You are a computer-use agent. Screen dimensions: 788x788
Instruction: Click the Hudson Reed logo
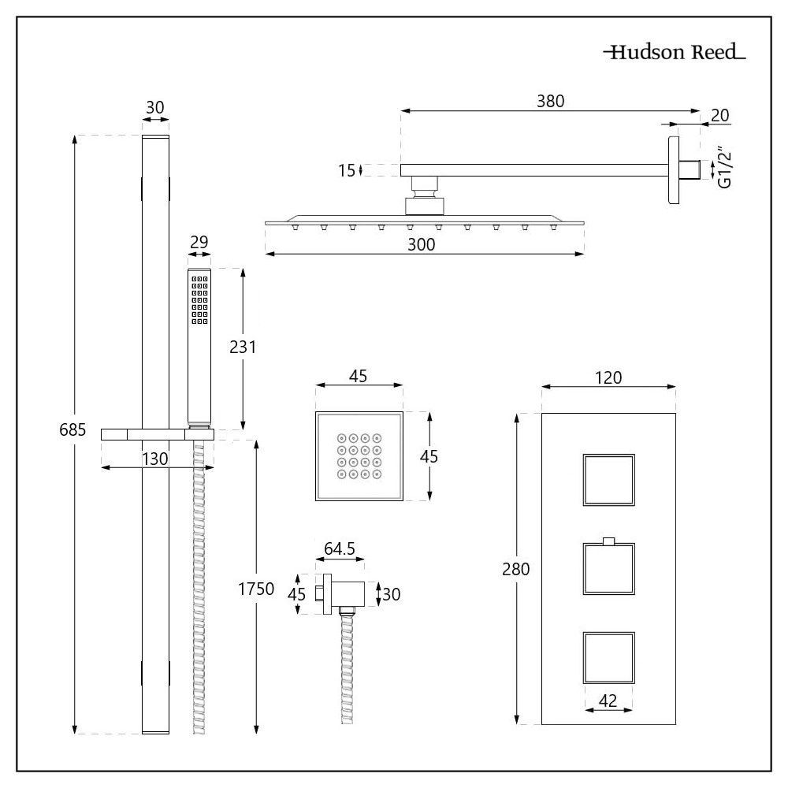pyautogui.click(x=675, y=54)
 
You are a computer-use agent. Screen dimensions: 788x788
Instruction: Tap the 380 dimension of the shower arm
pyautogui.click(x=551, y=101)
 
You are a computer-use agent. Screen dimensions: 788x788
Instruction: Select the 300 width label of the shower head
pyautogui.click(x=422, y=244)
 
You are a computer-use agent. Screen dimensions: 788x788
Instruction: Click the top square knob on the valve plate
pyautogui.click(x=608, y=480)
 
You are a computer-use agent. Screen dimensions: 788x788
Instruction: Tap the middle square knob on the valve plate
pyautogui.click(x=608, y=569)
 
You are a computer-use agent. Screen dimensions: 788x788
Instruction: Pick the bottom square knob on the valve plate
pyautogui.click(x=608, y=657)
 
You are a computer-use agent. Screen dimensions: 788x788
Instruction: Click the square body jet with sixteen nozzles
pyautogui.click(x=359, y=455)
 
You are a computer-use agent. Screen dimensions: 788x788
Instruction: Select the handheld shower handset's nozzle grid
pyautogui.click(x=198, y=299)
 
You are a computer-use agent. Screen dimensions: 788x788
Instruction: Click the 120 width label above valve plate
pyautogui.click(x=608, y=377)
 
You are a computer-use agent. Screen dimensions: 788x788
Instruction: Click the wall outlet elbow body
pyautogui.click(x=348, y=593)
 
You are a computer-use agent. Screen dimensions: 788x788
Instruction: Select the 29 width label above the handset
pyautogui.click(x=199, y=243)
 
